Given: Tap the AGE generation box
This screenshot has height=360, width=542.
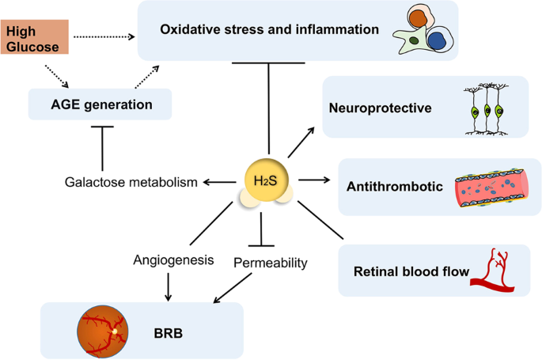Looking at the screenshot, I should (100, 104).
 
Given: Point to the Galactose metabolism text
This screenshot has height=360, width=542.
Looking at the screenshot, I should (130, 183).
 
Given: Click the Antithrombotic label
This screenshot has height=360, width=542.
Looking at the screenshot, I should (392, 187).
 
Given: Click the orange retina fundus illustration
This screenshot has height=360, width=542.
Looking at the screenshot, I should (101, 328).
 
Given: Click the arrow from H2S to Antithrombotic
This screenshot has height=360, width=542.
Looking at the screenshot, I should (315, 181).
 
